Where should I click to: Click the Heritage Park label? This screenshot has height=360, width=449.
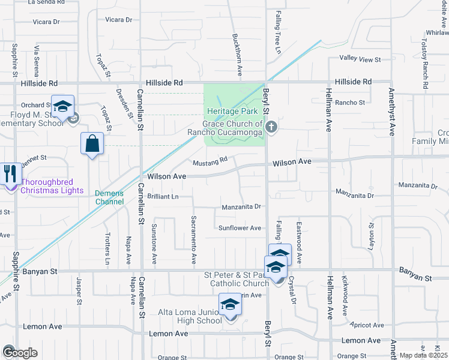click(232, 112)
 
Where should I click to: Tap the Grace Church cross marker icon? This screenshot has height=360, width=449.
click(272, 127)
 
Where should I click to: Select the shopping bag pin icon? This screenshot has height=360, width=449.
click(92, 144)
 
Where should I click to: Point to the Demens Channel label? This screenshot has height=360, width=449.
click(109, 197)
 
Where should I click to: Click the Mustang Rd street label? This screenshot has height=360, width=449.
click(209, 161)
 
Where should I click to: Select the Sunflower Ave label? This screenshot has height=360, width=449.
click(240, 228)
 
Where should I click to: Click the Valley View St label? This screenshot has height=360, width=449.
click(360, 59)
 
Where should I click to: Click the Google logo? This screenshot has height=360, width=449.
click(19, 353)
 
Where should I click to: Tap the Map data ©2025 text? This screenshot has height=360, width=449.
click(423, 355)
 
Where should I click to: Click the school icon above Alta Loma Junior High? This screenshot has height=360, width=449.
click(229, 305)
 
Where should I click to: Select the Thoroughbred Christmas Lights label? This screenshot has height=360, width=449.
click(52, 186)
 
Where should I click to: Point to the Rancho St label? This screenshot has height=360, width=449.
click(350, 103)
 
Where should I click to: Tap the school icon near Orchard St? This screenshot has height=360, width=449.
click(62, 107)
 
